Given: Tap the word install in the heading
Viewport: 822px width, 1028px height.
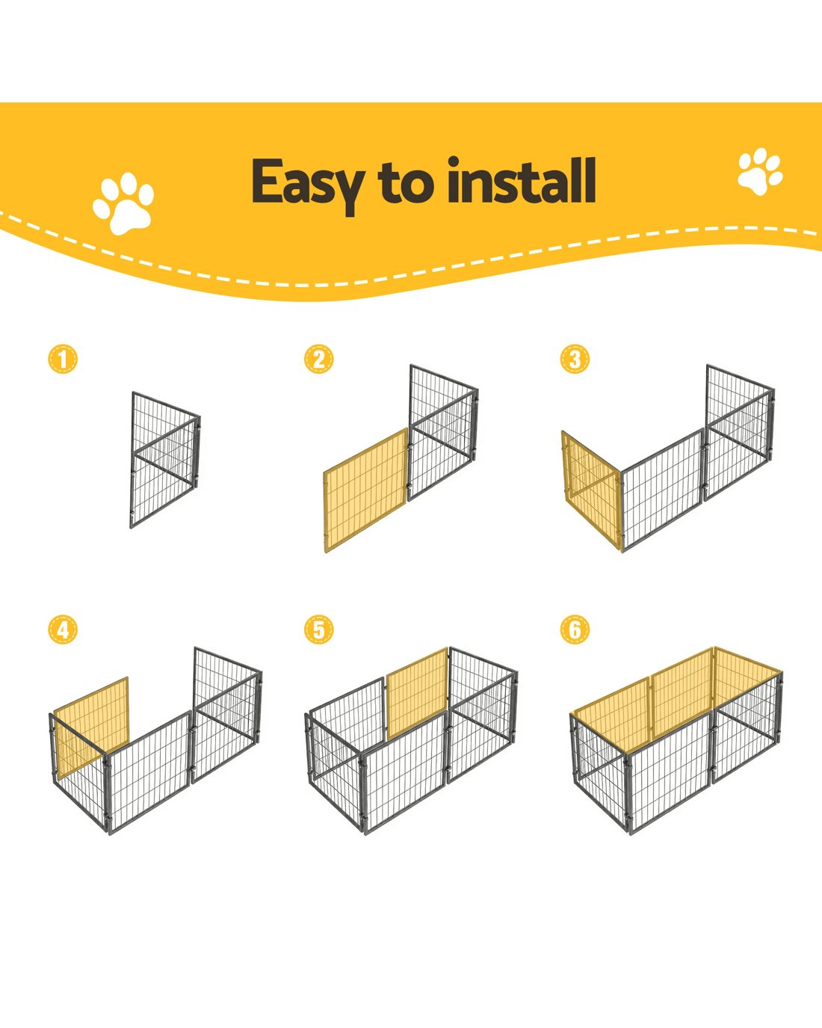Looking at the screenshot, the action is (x=522, y=181).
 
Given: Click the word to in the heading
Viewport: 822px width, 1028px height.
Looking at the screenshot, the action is (x=406, y=183).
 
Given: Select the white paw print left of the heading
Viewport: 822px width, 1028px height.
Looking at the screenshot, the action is (x=123, y=203).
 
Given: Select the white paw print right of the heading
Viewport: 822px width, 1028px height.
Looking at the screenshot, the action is (x=761, y=171).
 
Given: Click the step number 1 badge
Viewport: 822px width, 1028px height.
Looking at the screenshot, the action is (x=63, y=359).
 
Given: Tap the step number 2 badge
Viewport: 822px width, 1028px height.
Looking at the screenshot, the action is (x=318, y=359).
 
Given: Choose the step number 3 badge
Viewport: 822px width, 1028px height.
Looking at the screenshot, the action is (x=575, y=359).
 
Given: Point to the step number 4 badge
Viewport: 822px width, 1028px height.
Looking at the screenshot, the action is (x=63, y=630).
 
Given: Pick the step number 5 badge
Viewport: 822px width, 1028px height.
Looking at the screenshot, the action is (x=318, y=630).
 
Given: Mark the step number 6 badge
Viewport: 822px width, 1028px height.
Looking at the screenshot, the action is (x=575, y=630).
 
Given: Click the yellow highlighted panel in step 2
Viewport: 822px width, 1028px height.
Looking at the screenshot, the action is (x=366, y=490).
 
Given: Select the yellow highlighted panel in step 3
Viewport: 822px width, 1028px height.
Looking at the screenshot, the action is (x=593, y=490).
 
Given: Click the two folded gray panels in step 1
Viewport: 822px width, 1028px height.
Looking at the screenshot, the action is (x=165, y=460).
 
